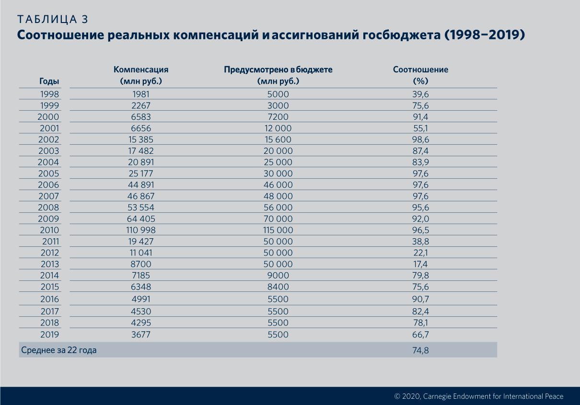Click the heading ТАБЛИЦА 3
pyautogui.click(x=52, y=20)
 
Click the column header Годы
pyautogui.click(x=49, y=81)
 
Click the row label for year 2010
pyautogui.click(x=49, y=230)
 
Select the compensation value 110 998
pyautogui.click(x=141, y=230)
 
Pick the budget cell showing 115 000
pyautogui.click(x=278, y=230)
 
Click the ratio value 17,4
pyautogui.click(x=420, y=264)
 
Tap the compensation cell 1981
pyautogui.click(x=141, y=94)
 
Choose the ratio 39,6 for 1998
pyautogui.click(x=420, y=94)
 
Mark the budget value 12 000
pyautogui.click(x=278, y=128)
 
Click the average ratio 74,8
pyautogui.click(x=420, y=350)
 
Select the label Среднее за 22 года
pyautogui.click(x=59, y=350)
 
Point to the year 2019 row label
pyautogui.click(x=49, y=335)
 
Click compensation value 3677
pyautogui.click(x=141, y=335)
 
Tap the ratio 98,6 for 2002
pyautogui.click(x=420, y=139)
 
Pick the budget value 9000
pyautogui.click(x=278, y=276)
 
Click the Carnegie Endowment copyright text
pyautogui.click(x=478, y=396)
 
